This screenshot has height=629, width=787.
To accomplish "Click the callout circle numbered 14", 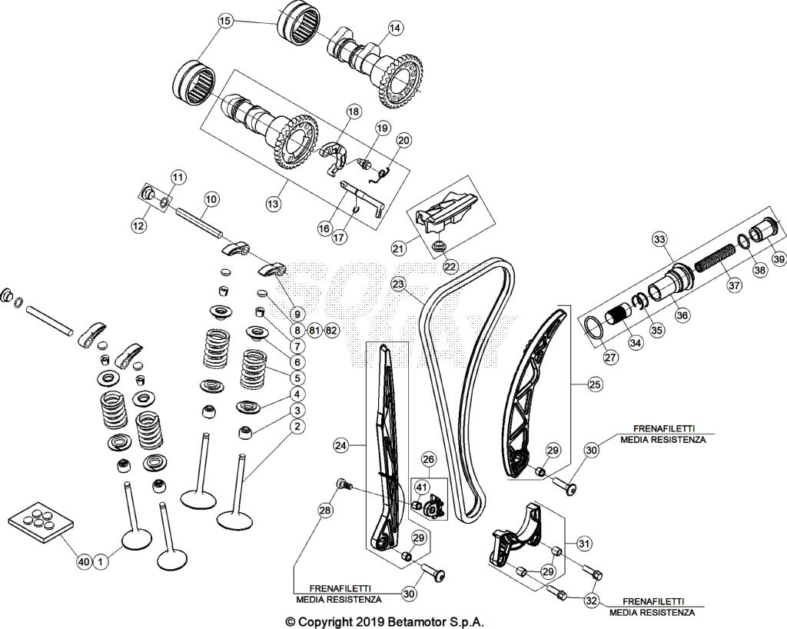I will (395, 28).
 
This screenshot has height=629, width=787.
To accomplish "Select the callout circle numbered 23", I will (397, 285).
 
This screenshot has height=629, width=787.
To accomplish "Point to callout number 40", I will (84, 563).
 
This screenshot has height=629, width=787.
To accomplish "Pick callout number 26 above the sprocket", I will (428, 460).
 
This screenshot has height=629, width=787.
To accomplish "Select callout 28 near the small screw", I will (325, 510).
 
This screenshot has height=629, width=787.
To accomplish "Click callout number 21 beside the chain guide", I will (398, 248).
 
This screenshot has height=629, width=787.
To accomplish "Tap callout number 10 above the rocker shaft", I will (211, 198).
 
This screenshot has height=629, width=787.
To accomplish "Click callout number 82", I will (331, 330).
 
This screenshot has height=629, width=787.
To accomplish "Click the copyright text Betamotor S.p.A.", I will (384, 621).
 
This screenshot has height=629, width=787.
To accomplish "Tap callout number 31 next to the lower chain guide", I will (585, 544).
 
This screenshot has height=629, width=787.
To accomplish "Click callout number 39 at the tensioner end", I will (779, 259).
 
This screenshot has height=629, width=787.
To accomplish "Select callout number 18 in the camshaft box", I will (353, 112).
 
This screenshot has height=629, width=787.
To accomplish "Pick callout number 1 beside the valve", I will (101, 563).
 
